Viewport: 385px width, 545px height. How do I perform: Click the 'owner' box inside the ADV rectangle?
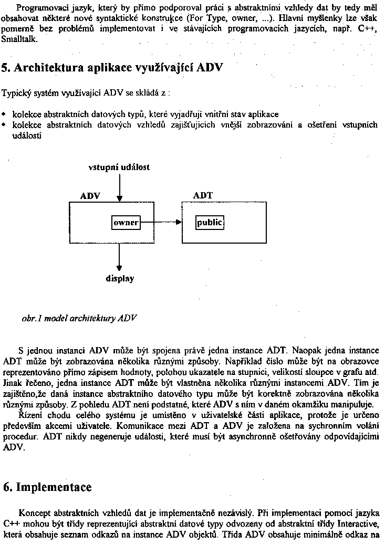126,223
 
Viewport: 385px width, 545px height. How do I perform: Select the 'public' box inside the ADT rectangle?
210,223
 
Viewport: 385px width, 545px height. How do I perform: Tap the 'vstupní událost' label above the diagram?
119,167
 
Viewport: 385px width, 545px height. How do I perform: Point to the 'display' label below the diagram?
120,279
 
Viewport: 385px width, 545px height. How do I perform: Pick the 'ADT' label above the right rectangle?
203,196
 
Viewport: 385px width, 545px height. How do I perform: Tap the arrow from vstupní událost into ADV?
120,187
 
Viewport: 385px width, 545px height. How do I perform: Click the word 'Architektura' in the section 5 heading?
48,68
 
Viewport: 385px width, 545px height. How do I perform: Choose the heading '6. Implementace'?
47,487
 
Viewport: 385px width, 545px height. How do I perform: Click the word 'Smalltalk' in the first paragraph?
19,39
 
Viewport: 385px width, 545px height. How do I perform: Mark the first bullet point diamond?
5,113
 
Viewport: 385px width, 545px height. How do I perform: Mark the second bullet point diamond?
5,125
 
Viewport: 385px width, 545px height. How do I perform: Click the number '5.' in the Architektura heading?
7,68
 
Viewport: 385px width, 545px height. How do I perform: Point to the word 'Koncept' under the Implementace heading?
34,512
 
